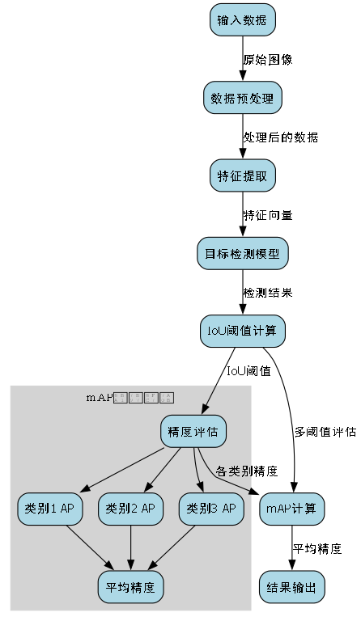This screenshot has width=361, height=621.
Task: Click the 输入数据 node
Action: (x=242, y=20)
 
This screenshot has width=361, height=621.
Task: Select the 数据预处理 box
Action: (x=242, y=99)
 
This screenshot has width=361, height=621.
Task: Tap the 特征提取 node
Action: (x=242, y=176)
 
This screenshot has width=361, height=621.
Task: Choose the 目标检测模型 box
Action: (x=242, y=253)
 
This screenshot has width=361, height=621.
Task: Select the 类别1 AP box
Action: (x=50, y=509)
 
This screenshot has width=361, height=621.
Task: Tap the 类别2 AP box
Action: (x=131, y=509)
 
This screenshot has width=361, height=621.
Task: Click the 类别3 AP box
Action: (x=211, y=509)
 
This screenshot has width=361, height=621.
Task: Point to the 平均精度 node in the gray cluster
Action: (x=131, y=585)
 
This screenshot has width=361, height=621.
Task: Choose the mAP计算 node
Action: (x=292, y=509)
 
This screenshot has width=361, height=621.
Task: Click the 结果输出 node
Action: (x=292, y=585)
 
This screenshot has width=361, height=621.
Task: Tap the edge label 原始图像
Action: (x=268, y=60)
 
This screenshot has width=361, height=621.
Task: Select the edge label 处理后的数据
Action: (x=281, y=137)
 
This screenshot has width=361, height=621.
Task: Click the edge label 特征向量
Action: (x=268, y=215)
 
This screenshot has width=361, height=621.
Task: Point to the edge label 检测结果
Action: (x=268, y=292)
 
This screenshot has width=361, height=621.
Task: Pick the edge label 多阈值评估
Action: (x=325, y=432)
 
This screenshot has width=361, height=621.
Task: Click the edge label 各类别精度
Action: (x=247, y=470)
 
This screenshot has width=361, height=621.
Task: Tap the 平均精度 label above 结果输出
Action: (x=317, y=548)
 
